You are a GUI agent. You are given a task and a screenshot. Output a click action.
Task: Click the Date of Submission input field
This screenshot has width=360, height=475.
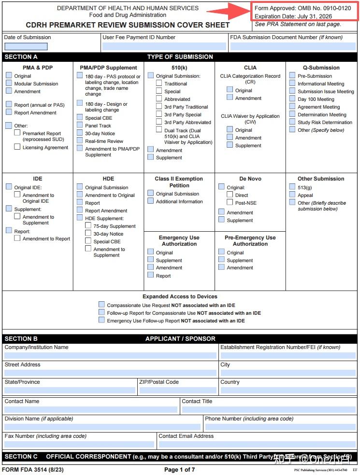tap(26, 47)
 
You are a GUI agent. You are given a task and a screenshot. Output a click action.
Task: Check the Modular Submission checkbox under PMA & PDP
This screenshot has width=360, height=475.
tap(9, 84)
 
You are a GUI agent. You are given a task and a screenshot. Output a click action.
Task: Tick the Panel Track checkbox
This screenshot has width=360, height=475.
tap(80, 126)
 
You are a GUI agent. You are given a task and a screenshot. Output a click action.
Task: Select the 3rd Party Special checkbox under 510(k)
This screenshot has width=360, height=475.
tap(159, 114)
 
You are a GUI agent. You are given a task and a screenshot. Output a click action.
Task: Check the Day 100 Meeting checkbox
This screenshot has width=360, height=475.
tap(292, 99)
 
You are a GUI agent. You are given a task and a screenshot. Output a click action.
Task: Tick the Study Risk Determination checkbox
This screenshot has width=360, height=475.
tap(292, 122)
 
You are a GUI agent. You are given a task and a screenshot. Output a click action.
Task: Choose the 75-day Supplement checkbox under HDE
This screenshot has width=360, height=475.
tap(88, 225)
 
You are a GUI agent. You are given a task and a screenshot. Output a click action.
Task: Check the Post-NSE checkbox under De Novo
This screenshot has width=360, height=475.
tap(230, 203)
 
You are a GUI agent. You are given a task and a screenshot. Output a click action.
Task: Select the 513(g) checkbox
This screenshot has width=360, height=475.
tap(292, 187)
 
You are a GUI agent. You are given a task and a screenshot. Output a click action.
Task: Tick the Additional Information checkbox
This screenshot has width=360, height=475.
tap(151, 201)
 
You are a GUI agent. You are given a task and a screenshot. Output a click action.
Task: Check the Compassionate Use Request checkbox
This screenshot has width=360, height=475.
tap(101, 305)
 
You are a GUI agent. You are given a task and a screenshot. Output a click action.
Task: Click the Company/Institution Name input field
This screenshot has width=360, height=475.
tap(110, 355)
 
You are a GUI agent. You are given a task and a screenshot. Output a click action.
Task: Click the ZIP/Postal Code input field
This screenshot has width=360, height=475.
tap(177, 390)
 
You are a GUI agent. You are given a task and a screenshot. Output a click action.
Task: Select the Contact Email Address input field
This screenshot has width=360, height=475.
tap(257, 444)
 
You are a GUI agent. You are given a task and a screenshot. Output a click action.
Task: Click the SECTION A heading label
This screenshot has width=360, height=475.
tap(21, 57)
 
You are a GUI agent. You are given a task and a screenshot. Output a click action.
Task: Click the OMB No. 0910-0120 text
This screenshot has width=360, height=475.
tap(324, 8)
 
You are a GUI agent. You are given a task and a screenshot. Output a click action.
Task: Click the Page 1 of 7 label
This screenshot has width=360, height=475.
tap(179, 470)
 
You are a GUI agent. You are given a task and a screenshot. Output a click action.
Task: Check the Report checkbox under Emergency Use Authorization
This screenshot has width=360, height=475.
tap(151, 275)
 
